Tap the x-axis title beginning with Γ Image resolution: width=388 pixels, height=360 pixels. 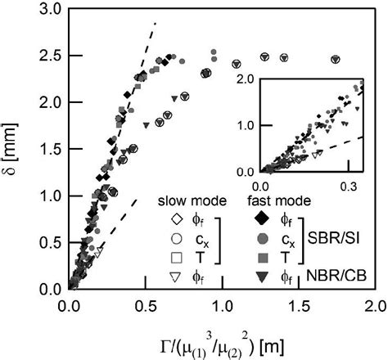[221, 338]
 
